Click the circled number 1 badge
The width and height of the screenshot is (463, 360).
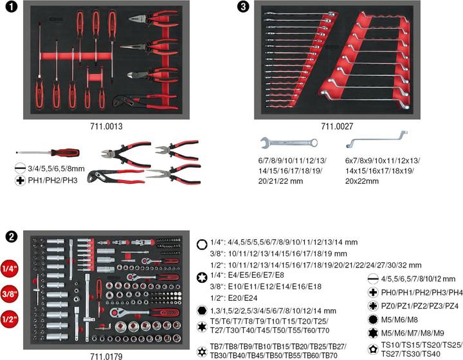click(10, 7)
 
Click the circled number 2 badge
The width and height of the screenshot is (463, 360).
click(10, 236)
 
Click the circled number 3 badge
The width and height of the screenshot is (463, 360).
click(242, 7)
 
